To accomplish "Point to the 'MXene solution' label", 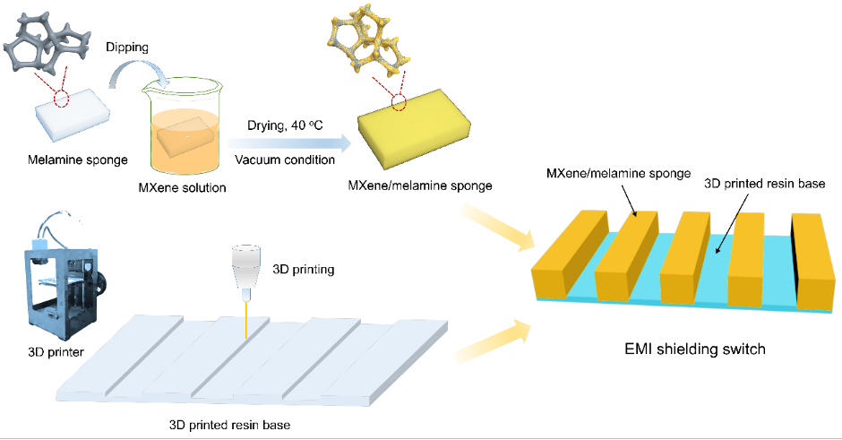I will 183,187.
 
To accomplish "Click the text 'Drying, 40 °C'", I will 279,126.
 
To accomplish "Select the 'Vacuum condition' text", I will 285,160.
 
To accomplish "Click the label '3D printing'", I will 304,267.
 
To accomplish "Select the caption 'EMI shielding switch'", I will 694,349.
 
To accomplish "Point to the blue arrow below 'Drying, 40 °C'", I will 284,142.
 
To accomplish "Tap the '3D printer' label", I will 56,352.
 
